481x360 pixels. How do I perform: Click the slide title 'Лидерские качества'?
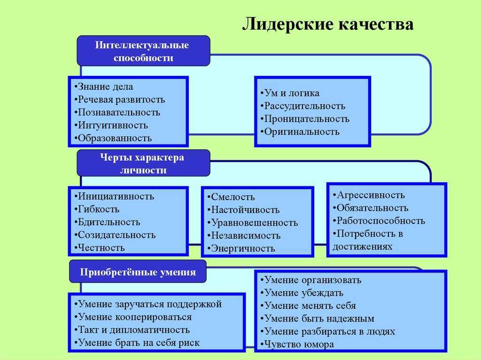tap(328, 24)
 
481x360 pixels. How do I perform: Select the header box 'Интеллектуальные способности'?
tap(143, 51)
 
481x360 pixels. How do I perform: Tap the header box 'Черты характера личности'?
tap(143, 163)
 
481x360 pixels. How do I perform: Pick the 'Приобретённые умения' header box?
tap(138, 272)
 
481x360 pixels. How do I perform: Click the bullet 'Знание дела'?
tap(104, 86)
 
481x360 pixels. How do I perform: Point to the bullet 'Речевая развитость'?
tap(120, 100)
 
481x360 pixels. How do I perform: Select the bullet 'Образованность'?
tap(113, 138)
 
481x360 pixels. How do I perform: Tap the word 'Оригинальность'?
tap(302, 131)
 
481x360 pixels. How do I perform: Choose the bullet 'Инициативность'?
tap(114, 196)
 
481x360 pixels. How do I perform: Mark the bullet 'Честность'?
tap(100, 247)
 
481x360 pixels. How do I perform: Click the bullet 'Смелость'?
tap(231, 197)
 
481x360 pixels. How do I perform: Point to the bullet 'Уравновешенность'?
tap(252, 222)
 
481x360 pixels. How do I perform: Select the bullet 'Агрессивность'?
tap(369, 195)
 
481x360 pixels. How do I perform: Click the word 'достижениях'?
tap(363, 246)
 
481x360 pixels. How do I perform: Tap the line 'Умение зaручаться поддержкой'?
tap(148, 304)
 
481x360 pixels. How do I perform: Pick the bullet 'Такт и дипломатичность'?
tap(132, 329)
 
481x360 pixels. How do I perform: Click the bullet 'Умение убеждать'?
tap(302, 293)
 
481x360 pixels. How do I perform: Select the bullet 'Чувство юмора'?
tap(297, 344)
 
